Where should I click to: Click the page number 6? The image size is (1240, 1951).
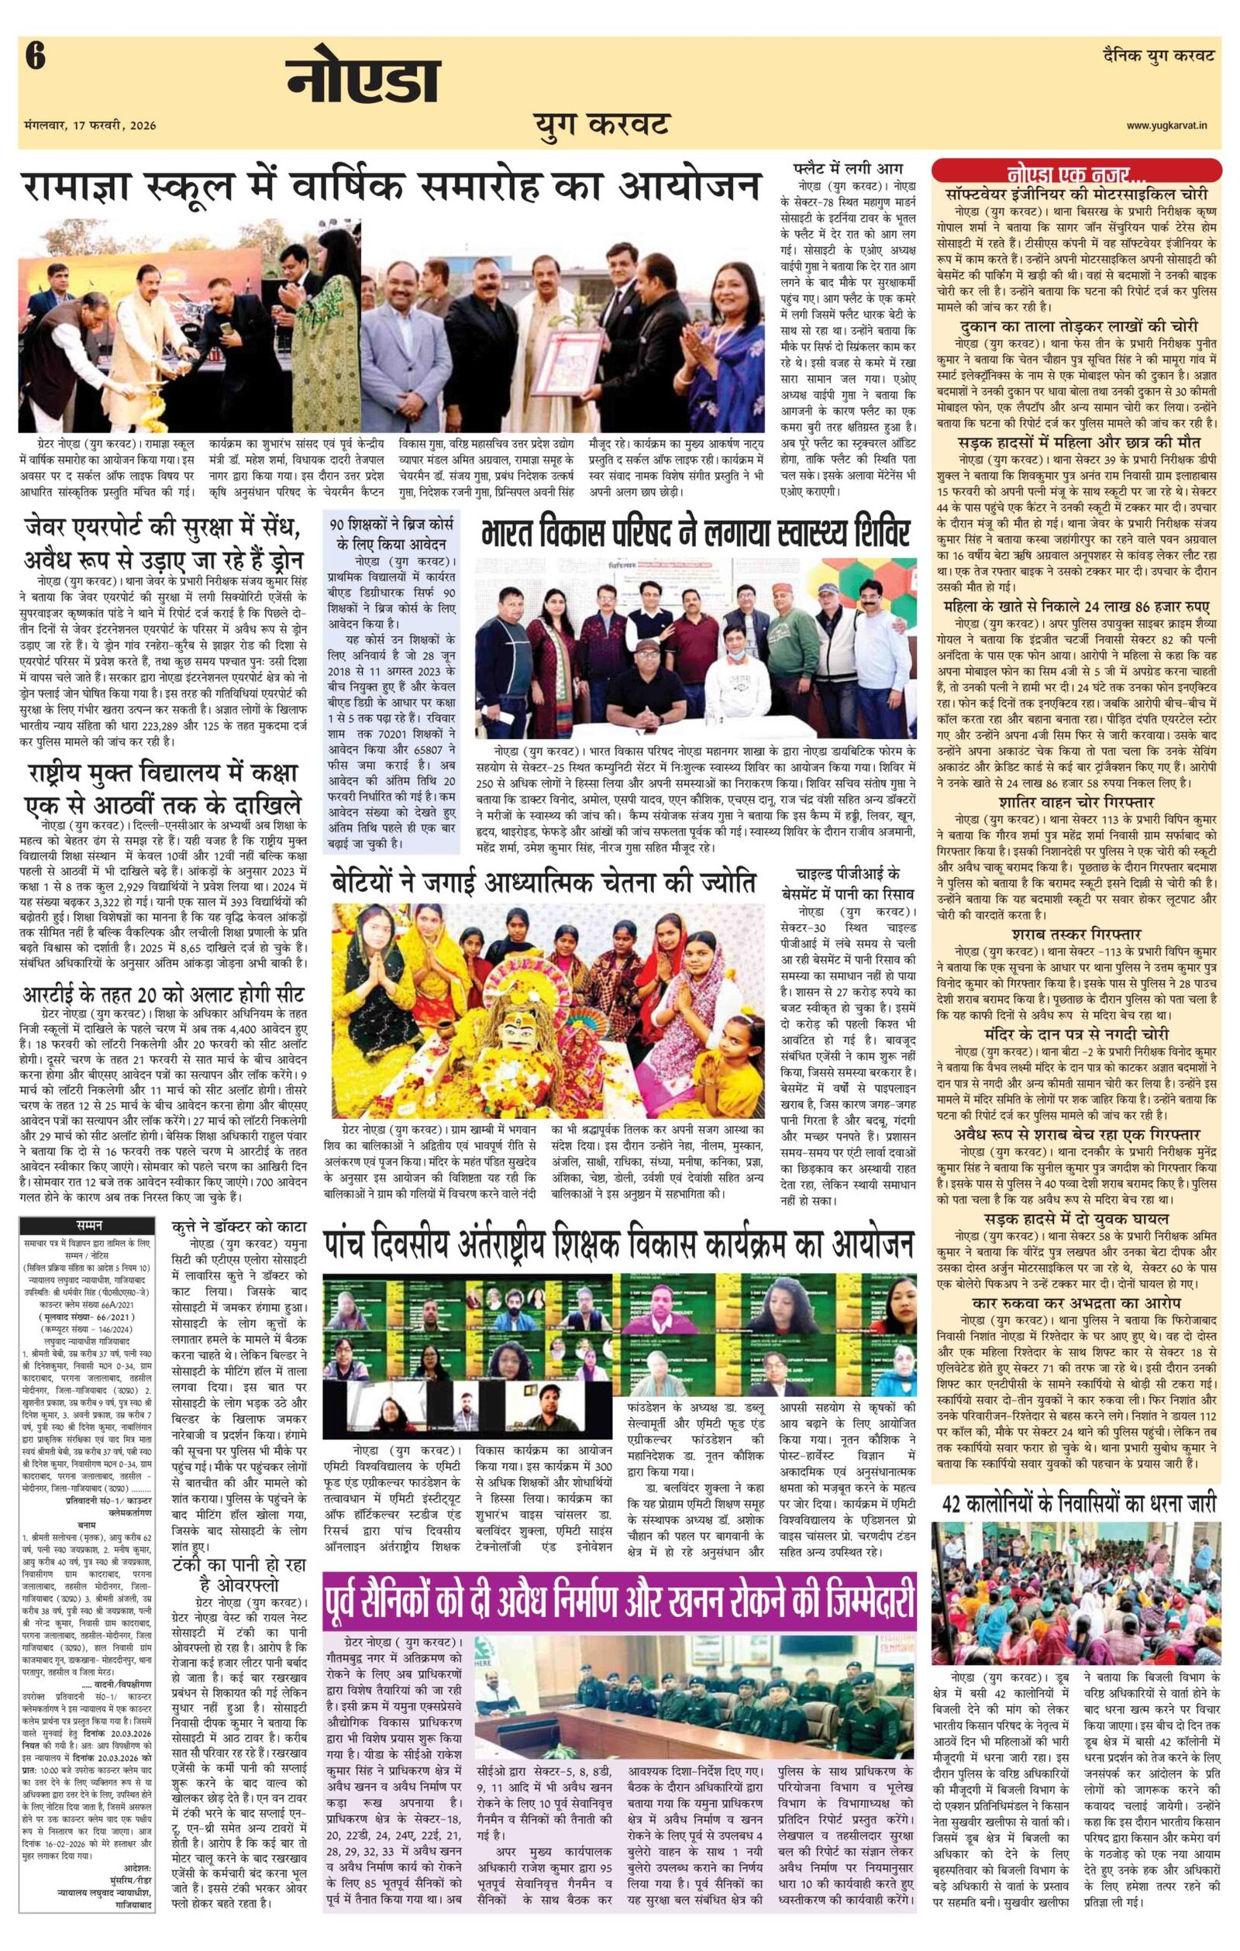pos(35,59)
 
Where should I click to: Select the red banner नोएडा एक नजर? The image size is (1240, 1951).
pos(1077,173)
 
